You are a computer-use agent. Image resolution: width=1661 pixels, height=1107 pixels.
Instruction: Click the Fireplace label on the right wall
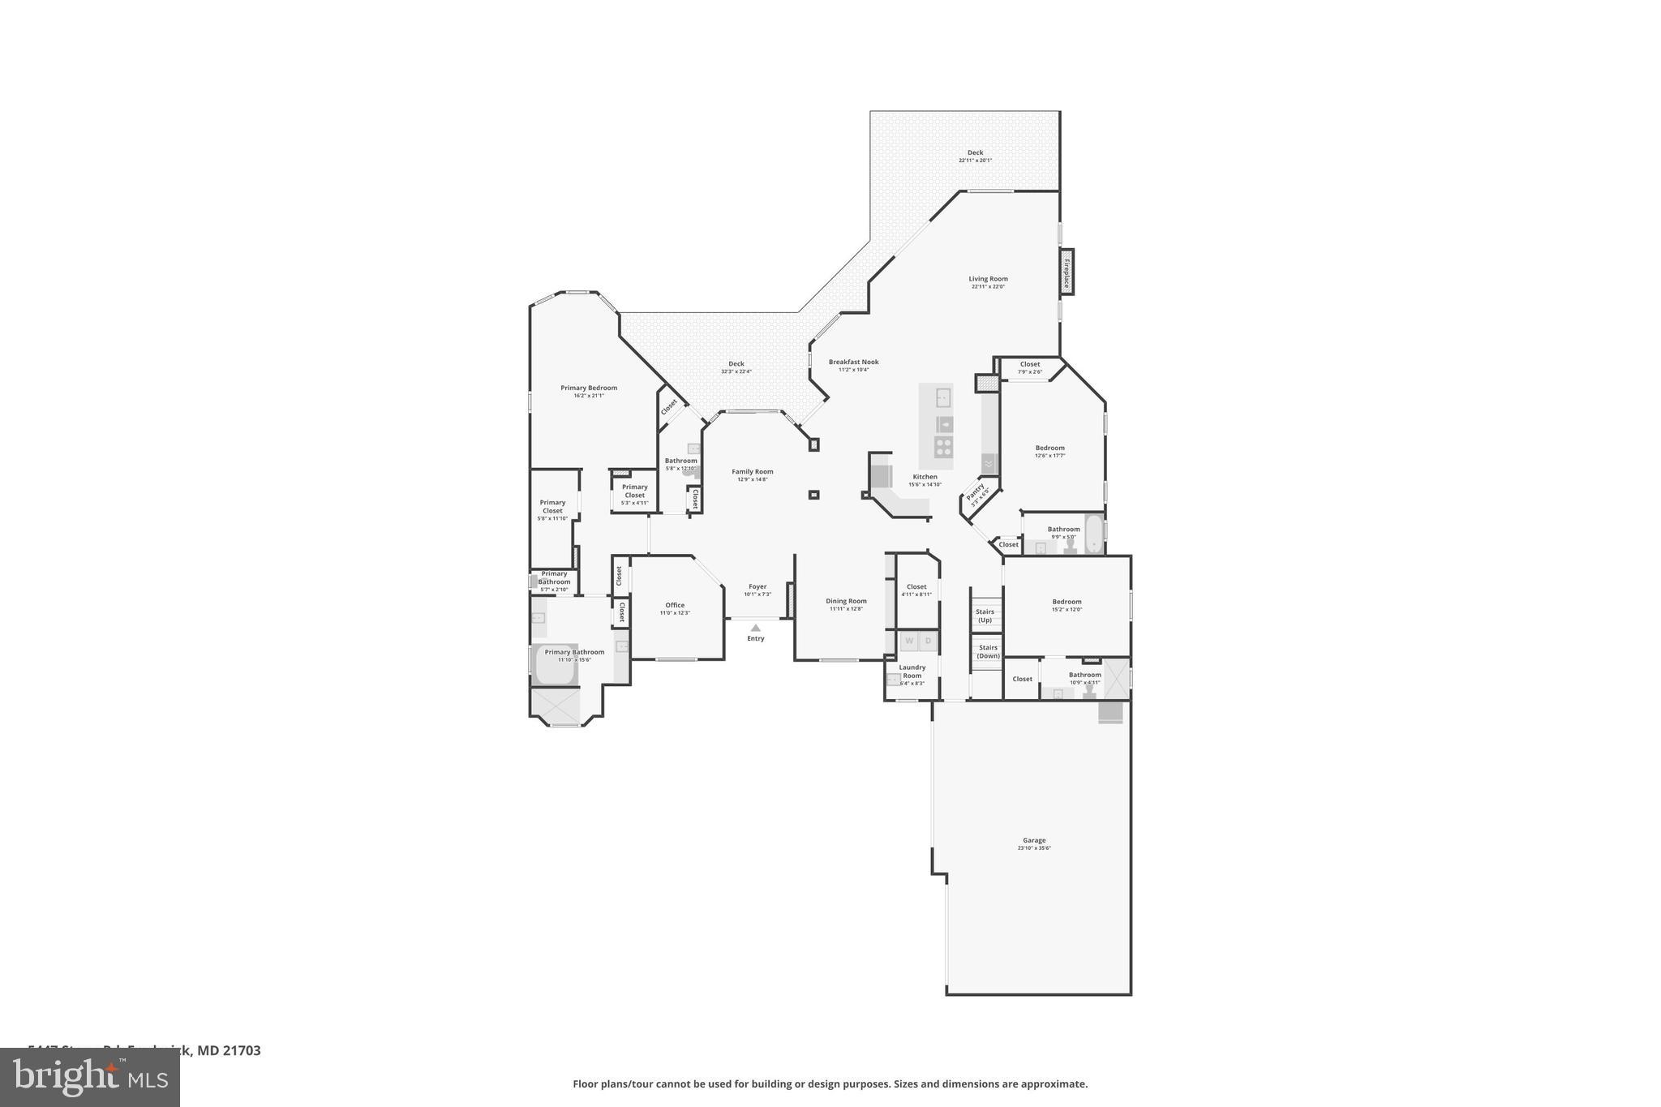pyautogui.click(x=1067, y=272)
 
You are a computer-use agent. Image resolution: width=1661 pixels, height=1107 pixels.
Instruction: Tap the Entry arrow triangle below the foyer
pyautogui.click(x=756, y=628)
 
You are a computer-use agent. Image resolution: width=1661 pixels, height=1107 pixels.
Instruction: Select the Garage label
pyautogui.click(x=1034, y=840)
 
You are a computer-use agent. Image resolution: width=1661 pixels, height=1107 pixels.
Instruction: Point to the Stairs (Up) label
pyautogui.click(x=985, y=616)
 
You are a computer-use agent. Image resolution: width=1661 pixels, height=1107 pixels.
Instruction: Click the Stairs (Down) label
pyautogui.click(x=988, y=651)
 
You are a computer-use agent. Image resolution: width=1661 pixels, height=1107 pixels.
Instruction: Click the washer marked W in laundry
pyautogui.click(x=909, y=641)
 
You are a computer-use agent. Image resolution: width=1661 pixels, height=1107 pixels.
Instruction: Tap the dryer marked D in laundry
pyautogui.click(x=929, y=641)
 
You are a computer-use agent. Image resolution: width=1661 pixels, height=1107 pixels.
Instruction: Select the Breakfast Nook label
pyautogui.click(x=853, y=362)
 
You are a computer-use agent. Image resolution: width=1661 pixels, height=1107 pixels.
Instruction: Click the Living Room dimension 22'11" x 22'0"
pyautogui.click(x=988, y=286)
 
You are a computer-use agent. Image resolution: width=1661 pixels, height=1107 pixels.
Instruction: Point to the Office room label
pyautogui.click(x=675, y=605)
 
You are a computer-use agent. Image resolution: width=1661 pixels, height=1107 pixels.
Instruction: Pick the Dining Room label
pyautogui.click(x=846, y=601)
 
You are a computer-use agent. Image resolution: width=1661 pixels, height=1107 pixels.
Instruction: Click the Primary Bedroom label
pyautogui.click(x=589, y=388)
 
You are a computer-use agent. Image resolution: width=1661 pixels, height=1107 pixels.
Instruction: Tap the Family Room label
pyautogui.click(x=753, y=471)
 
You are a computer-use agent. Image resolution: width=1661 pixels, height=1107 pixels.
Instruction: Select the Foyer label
pyautogui.click(x=758, y=586)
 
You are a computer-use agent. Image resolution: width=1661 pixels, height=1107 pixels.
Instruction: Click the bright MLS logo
pyautogui.click(x=90, y=1077)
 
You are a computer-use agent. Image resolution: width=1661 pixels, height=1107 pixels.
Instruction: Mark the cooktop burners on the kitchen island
pyautogui.click(x=943, y=445)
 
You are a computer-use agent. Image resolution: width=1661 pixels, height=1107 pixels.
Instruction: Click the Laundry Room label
pyautogui.click(x=912, y=671)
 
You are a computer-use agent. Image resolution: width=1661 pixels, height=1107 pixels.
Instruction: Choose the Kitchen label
pyautogui.click(x=925, y=477)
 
